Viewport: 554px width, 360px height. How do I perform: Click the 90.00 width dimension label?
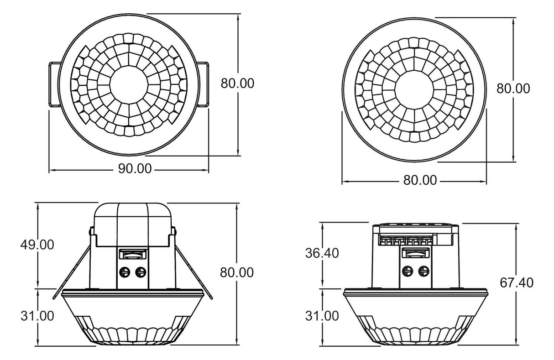(x=135, y=168)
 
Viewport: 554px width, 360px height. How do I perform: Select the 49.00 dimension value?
(x=37, y=245)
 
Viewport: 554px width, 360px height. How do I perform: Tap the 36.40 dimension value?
(x=322, y=253)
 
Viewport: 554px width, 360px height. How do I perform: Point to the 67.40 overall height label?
(x=517, y=282)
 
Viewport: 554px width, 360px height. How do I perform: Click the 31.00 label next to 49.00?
(x=37, y=315)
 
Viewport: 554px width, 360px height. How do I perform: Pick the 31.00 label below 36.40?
(x=322, y=315)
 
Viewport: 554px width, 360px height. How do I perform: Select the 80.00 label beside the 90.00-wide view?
(x=237, y=83)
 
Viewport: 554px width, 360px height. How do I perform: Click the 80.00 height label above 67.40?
(x=513, y=89)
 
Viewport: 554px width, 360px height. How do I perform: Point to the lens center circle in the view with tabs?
(x=129, y=85)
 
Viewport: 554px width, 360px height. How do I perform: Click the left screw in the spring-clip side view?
(x=125, y=273)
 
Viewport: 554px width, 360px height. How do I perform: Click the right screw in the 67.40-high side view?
(x=423, y=272)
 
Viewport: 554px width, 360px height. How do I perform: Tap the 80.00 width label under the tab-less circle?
(x=420, y=180)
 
